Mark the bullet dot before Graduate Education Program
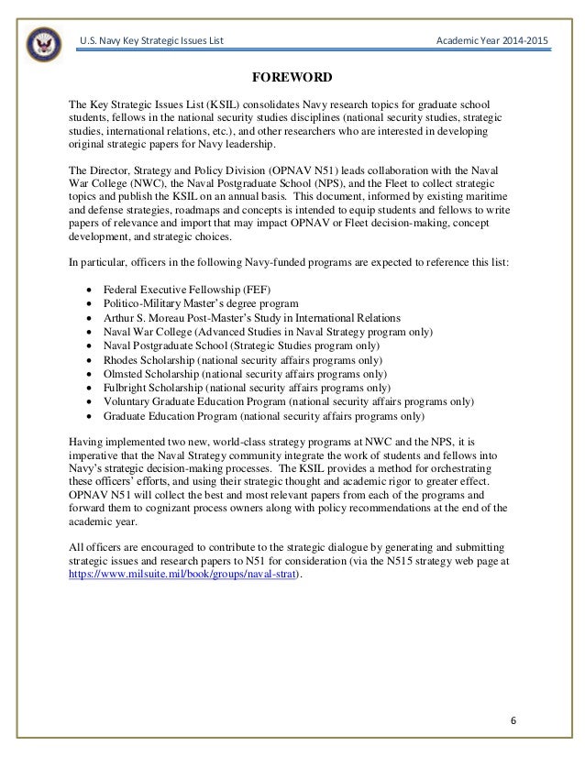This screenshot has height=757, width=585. pos(86,416)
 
